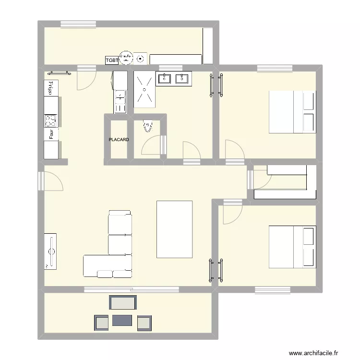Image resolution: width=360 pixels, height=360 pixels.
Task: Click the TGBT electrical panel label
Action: pyautogui.click(x=111, y=60)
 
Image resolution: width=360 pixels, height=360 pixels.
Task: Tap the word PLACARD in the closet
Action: pyautogui.click(x=119, y=140)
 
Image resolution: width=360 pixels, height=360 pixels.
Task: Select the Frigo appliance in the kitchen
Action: pyautogui.click(x=49, y=87)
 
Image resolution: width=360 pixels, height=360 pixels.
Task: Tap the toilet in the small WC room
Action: pyautogui.click(x=147, y=126)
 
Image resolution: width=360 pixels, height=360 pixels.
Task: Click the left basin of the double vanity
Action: pyautogui.click(x=165, y=78)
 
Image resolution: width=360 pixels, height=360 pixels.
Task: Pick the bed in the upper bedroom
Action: pyautogui.click(x=292, y=112)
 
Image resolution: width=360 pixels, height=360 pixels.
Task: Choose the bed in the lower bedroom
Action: pyautogui.click(x=292, y=247)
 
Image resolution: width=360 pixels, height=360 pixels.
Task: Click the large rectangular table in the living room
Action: pyautogui.click(x=174, y=229)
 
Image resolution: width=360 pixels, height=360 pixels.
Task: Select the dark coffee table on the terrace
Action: pyautogui.click(x=122, y=320)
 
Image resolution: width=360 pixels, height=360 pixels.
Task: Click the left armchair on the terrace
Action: pyautogui.click(x=101, y=323)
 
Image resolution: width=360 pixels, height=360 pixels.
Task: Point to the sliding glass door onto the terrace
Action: pyautogui.click(x=132, y=289)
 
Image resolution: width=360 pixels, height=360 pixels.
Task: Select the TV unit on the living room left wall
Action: pyautogui.click(x=50, y=251)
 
